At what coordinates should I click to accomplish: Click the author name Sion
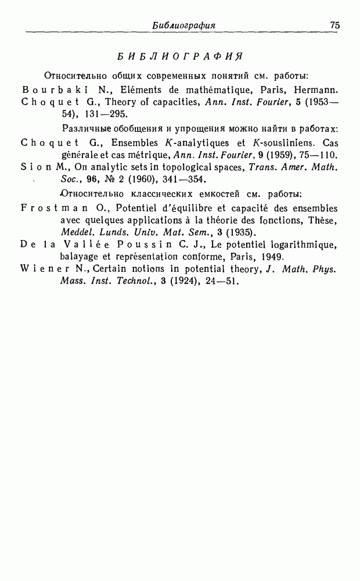pos(35,167)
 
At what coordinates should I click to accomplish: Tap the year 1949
pos(269,256)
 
